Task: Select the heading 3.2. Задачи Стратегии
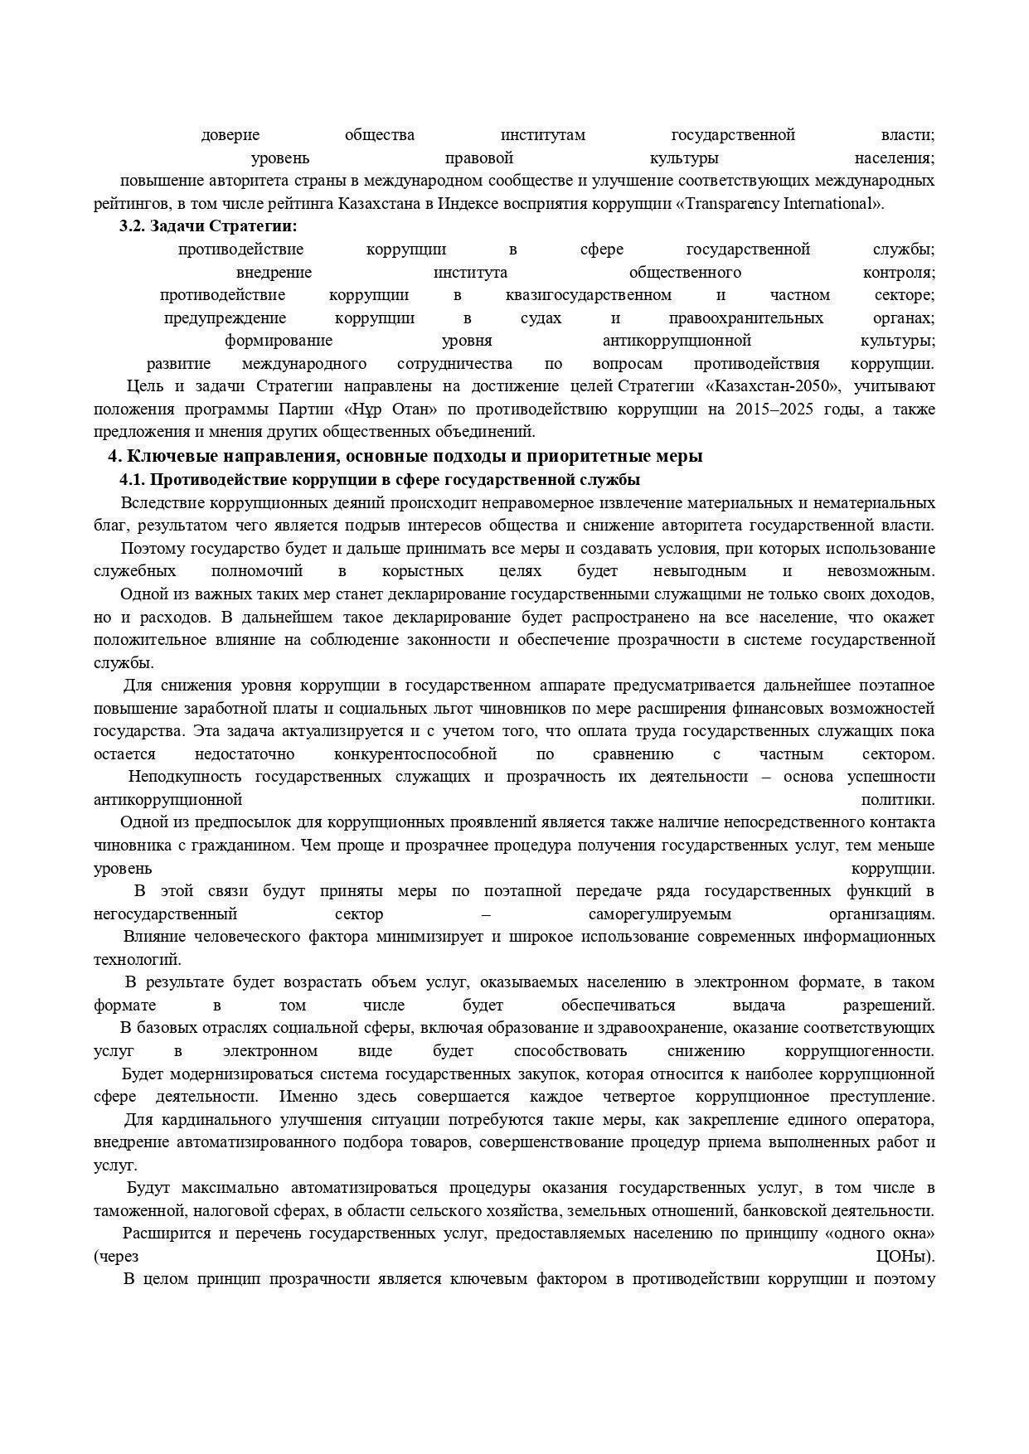click(x=208, y=226)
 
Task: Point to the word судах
click(x=541, y=318)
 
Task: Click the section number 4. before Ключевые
click(x=115, y=456)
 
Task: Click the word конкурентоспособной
click(x=415, y=754)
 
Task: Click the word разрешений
click(x=888, y=1006)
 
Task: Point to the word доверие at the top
click(x=230, y=135)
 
